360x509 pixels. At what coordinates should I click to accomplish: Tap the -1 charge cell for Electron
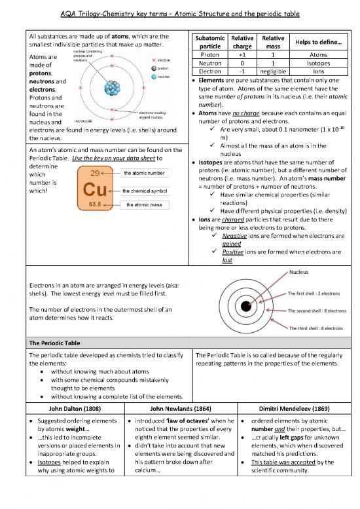tap(242, 72)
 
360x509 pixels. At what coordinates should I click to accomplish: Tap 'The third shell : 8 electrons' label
tap(316, 328)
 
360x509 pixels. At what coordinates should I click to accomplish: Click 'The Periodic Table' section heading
tap(47, 343)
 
